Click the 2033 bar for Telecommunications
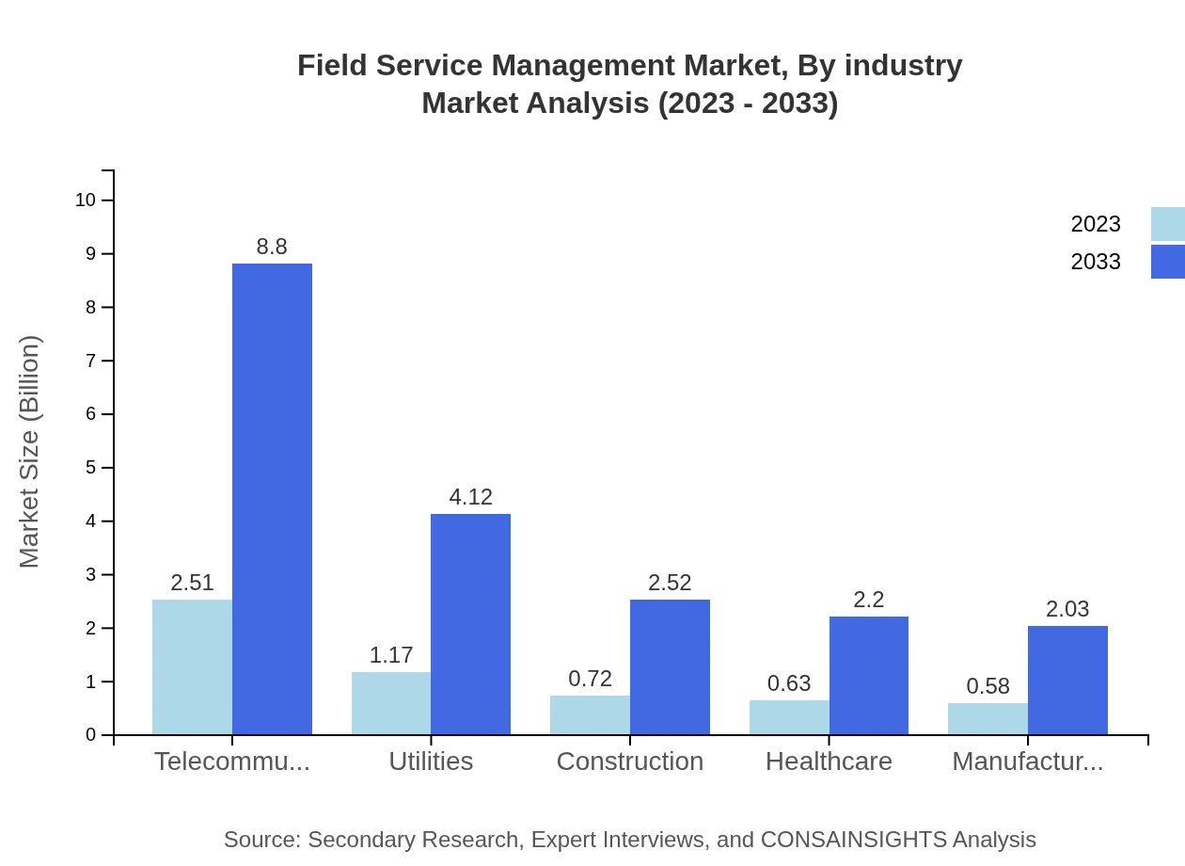coord(272,499)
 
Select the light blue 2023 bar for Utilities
coord(391,703)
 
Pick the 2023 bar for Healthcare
coord(789,717)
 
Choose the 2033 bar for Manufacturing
coord(1067,680)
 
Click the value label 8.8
coord(272,247)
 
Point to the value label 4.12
coord(470,497)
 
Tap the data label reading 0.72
coord(590,679)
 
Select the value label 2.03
coord(1067,609)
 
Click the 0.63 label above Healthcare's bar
coord(789,683)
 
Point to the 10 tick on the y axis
coord(85,200)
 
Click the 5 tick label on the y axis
coord(90,468)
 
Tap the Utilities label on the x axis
coord(431,762)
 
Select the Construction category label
coord(630,762)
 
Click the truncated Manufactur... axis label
coord(1028,762)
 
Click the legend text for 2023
coord(1096,224)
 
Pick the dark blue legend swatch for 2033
coord(1167,262)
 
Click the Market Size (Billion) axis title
coord(30,452)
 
